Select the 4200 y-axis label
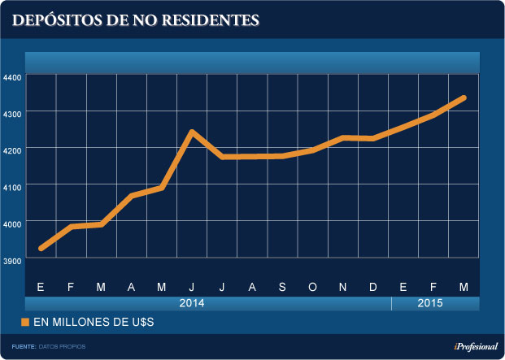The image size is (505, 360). point(12,149)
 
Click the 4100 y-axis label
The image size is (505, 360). point(12,185)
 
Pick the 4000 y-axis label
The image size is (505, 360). point(12,222)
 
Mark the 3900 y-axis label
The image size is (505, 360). point(12,258)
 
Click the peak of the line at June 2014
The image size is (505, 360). point(192,132)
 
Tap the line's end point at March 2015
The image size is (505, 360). point(464,98)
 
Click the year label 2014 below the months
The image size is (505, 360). point(192,304)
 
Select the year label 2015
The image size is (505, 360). point(431,304)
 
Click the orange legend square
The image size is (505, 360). point(25,323)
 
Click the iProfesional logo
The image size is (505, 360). point(470,346)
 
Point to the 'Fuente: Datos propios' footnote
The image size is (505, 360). point(48,347)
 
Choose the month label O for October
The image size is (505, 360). point(313,287)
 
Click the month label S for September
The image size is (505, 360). point(282,287)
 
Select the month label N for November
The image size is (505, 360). point(343,287)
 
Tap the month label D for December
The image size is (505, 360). point(373,287)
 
